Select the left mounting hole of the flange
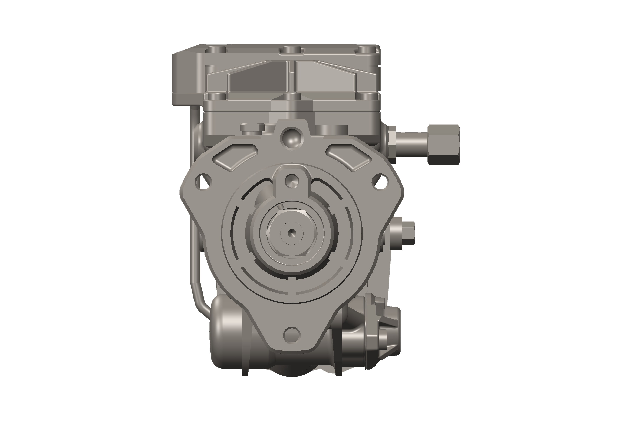click(x=203, y=182)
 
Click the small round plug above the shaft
click(x=292, y=181)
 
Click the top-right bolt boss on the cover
click(x=367, y=50)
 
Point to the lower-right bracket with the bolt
click(x=381, y=333)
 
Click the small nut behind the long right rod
click(x=392, y=144)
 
